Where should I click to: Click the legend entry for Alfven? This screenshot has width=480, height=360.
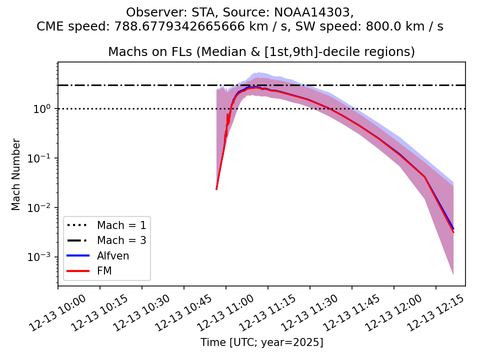tap(113, 256)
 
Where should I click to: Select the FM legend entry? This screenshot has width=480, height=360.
tap(104, 271)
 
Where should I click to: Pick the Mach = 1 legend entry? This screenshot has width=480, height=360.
tap(121, 225)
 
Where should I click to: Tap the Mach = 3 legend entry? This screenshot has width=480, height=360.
tap(121, 240)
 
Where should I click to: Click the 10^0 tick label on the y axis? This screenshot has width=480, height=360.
tap(44, 108)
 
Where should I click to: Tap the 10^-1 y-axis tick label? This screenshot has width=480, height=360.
tap(42, 158)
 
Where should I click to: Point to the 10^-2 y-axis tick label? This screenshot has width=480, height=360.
tap(42, 207)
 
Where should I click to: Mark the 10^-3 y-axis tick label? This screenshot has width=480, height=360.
tap(42, 257)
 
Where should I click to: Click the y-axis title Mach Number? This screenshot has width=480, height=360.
tap(16, 174)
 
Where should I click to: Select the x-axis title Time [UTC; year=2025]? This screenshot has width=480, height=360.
tap(261, 342)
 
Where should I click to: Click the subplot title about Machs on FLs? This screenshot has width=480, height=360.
tap(261, 52)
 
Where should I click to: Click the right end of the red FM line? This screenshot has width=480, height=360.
tap(453, 232)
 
